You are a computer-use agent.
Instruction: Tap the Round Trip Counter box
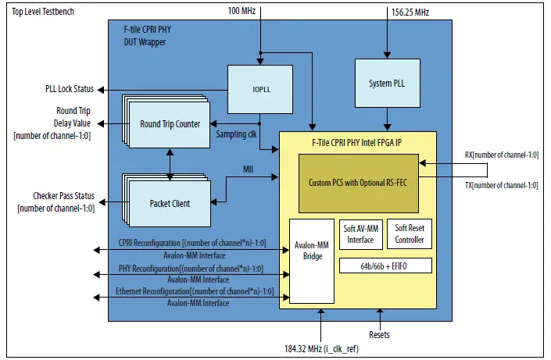(170, 124)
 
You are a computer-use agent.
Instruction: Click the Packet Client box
(170, 203)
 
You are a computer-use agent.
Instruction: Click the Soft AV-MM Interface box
(360, 234)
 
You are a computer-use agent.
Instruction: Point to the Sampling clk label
(237, 134)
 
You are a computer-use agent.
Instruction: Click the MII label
(248, 169)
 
